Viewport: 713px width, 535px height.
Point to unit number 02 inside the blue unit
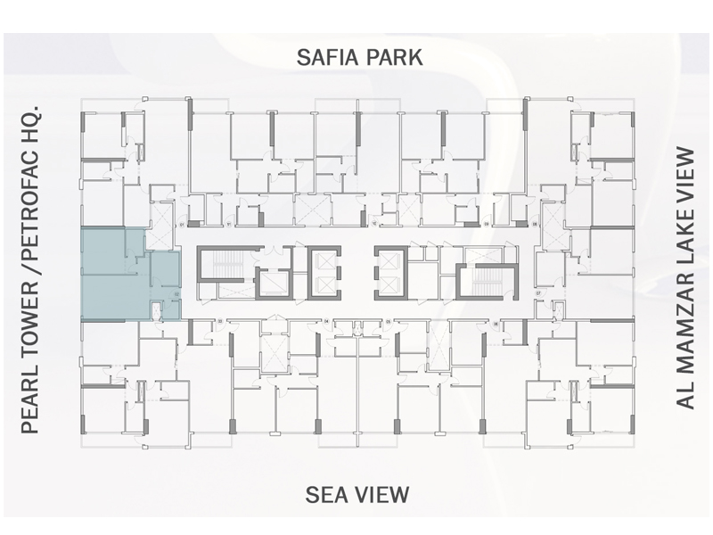pos(176,293)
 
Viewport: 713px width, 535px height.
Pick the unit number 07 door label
pos(537,293)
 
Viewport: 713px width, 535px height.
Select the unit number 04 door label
pos(327,320)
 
